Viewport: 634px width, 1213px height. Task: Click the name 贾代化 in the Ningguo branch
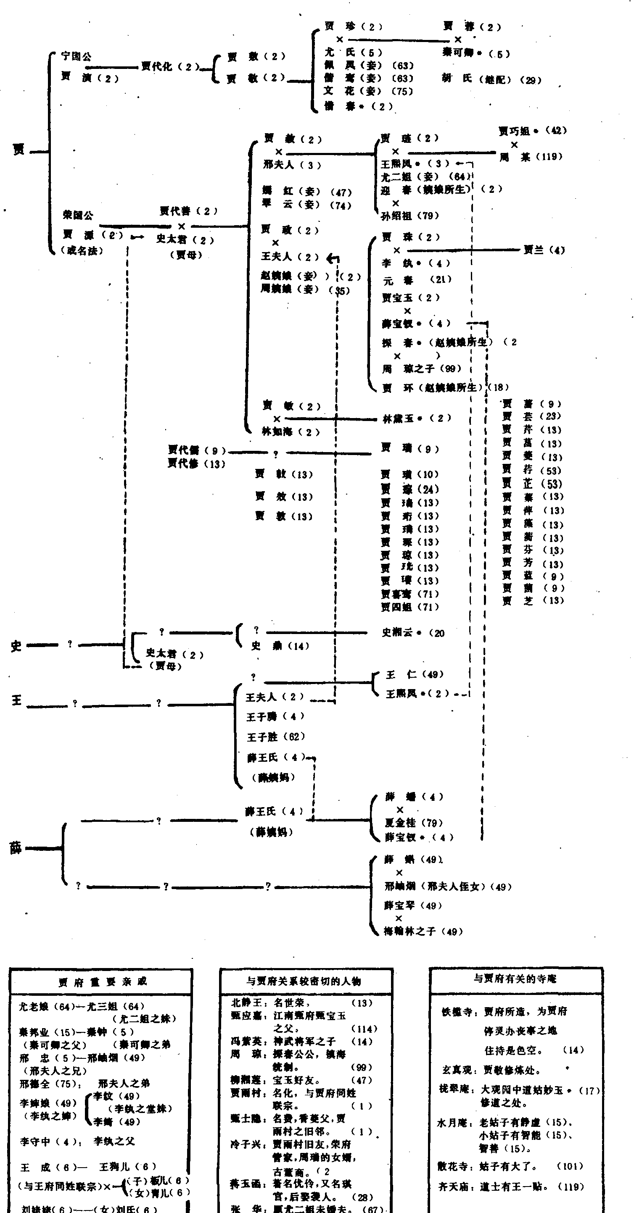tap(157, 66)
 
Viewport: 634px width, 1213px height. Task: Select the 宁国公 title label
tap(76, 56)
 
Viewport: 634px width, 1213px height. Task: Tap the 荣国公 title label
tap(78, 215)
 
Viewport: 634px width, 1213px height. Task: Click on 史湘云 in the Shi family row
tap(397, 632)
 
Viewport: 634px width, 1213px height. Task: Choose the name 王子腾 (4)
tap(262, 717)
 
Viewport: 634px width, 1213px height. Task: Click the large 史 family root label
tap(16, 646)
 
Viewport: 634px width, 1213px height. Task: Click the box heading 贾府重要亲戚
tap(102, 981)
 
